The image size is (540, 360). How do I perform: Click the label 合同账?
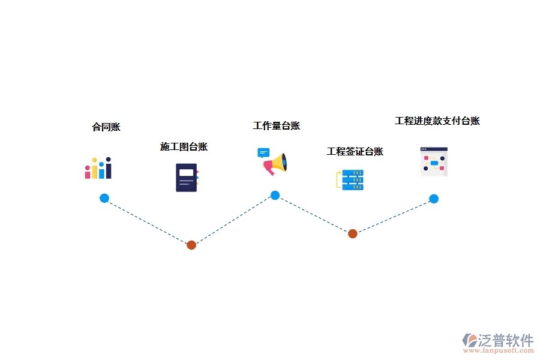(106, 127)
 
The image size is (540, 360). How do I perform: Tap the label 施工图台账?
(184, 147)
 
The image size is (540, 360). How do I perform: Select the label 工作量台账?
(276, 126)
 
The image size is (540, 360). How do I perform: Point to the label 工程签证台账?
(355, 152)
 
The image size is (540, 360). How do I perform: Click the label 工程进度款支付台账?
(437, 121)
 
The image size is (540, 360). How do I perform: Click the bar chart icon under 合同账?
(98, 169)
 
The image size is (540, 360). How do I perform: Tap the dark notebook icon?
(187, 178)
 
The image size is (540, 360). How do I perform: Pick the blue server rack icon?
(352, 180)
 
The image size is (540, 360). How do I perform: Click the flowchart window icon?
(434, 161)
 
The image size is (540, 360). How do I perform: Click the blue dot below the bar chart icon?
(104, 198)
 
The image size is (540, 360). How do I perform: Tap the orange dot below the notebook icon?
(191, 245)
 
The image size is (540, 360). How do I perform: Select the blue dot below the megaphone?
(275, 195)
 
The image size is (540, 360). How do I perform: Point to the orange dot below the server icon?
(353, 233)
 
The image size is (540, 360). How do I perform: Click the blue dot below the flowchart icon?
(434, 199)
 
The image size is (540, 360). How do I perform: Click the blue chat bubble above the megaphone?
(263, 152)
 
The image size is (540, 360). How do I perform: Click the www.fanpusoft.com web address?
(503, 352)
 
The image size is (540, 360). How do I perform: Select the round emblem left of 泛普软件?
(469, 341)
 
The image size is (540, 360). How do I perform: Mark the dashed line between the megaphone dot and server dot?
(314, 214)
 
